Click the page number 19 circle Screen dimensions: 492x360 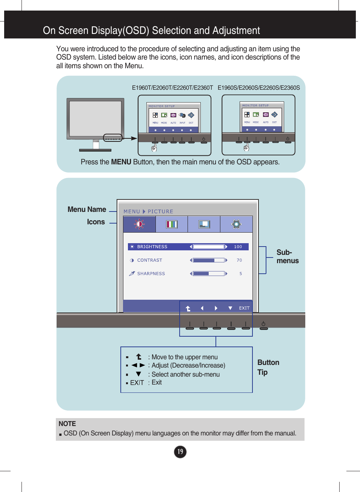tap(180, 452)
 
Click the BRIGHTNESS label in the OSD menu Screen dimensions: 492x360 tap(152, 247)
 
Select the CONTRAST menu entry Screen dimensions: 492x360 tap(149, 260)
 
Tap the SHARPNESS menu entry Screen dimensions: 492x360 tap(151, 274)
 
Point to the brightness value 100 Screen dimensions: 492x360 tap(238, 247)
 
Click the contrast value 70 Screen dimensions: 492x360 tap(239, 260)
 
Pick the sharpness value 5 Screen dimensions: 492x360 tap(240, 274)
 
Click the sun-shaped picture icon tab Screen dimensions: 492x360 tap(139, 224)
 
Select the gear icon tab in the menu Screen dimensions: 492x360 tap(236, 224)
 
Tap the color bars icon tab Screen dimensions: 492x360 tap(172, 224)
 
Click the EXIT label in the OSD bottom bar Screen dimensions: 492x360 tap(244, 308)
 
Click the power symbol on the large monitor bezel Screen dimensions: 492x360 tap(263, 324)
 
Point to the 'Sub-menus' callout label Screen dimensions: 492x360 tap(287, 256)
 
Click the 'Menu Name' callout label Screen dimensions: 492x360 tap(87, 209)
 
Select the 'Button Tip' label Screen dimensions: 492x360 tap(268, 367)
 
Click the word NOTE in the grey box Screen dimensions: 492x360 tap(67, 424)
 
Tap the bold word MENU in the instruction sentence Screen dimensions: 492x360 tap(121, 162)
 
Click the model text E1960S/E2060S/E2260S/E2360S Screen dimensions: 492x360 tap(258, 87)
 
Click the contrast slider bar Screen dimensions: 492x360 tap(209, 260)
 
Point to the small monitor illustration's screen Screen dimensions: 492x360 tap(95, 118)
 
